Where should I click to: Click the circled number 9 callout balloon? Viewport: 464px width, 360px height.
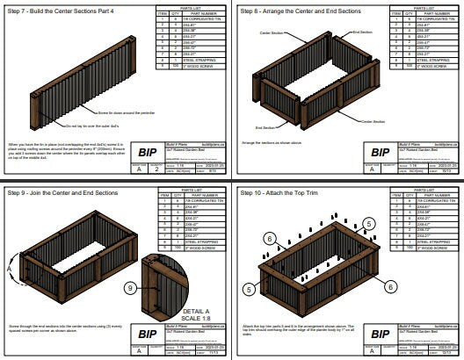pos(129,287)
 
